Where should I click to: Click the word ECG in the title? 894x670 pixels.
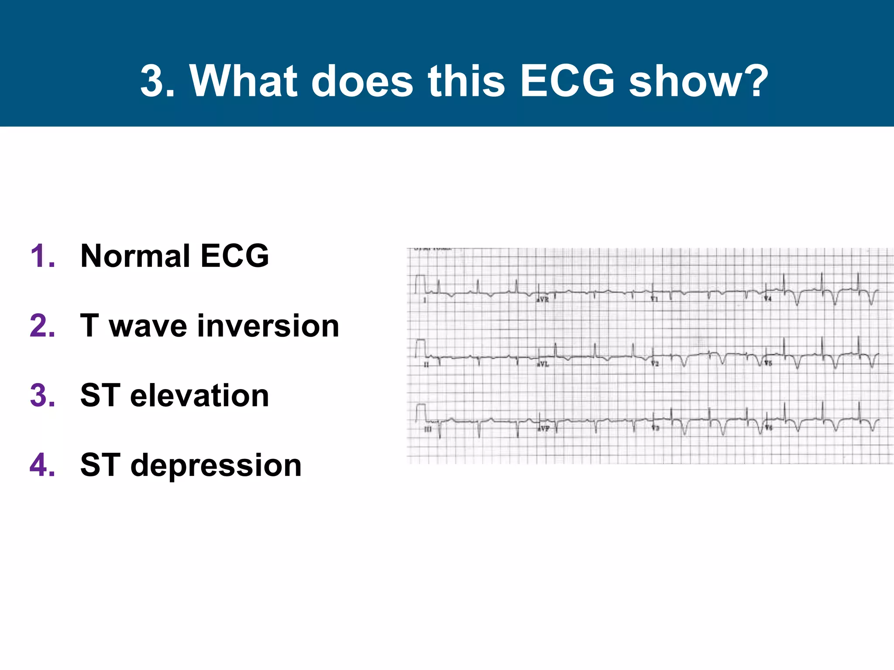567,81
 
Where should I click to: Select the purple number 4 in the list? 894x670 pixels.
42,465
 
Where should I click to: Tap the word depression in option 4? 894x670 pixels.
216,466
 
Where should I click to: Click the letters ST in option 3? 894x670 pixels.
100,396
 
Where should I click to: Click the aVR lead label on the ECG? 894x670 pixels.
543,300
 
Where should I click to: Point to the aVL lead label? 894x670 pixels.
543,364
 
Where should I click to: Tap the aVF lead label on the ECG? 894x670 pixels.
543,429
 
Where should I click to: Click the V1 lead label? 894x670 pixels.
654,299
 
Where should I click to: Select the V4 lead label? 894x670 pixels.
768,299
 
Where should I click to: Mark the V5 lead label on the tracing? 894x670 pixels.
768,363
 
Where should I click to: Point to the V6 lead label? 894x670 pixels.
768,428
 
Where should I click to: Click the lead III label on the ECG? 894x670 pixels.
428,430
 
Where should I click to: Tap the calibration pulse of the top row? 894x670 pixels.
420,284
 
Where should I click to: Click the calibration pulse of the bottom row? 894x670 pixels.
420,413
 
